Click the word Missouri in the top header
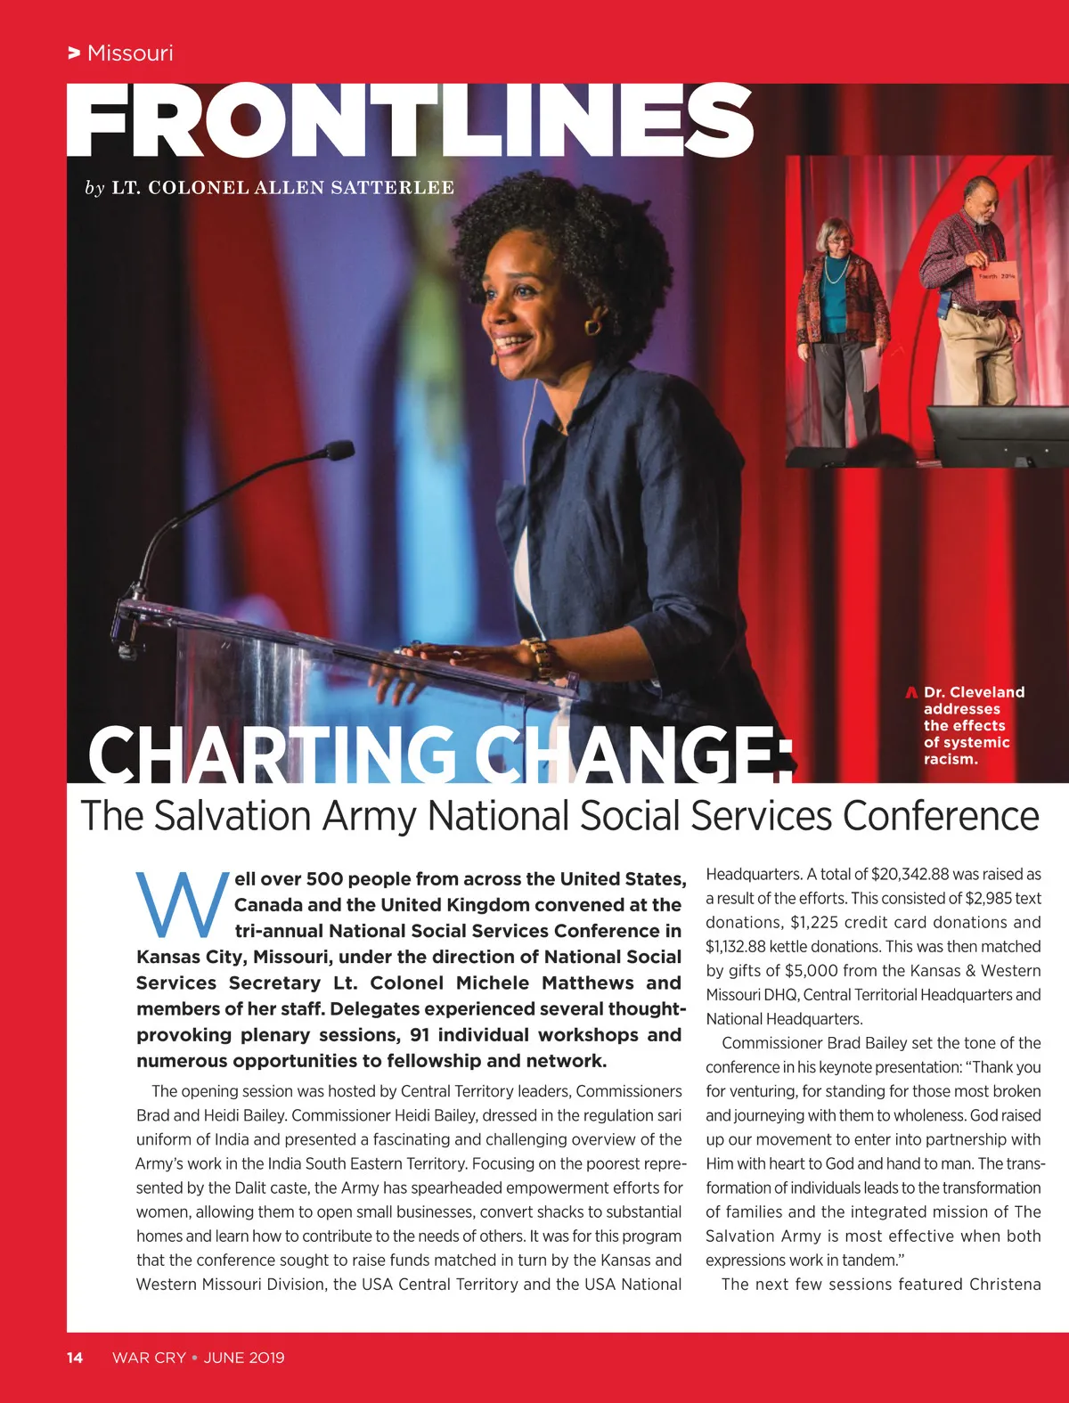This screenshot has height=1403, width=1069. click(x=130, y=53)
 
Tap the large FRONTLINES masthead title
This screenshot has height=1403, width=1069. click(x=410, y=120)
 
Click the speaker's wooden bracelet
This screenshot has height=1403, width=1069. click(x=539, y=658)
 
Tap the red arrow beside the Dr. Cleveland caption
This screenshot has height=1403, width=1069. click(x=911, y=692)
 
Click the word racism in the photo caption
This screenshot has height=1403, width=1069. click(x=951, y=760)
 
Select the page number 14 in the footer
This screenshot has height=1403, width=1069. click(x=75, y=1358)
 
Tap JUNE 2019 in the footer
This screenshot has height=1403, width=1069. click(x=244, y=1358)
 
